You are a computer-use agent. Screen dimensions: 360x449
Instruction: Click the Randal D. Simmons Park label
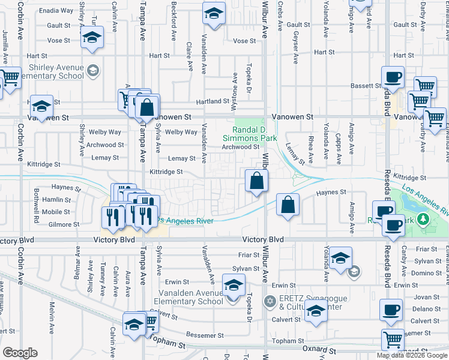(255, 133)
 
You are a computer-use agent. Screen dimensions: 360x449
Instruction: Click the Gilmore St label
(64, 224)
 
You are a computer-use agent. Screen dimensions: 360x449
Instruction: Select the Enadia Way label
(57, 11)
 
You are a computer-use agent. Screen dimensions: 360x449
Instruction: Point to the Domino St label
(430, 273)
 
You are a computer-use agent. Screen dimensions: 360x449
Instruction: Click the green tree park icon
(424, 218)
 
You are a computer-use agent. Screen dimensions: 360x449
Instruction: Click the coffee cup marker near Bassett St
(393, 77)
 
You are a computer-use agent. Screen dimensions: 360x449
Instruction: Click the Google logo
(20, 353)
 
